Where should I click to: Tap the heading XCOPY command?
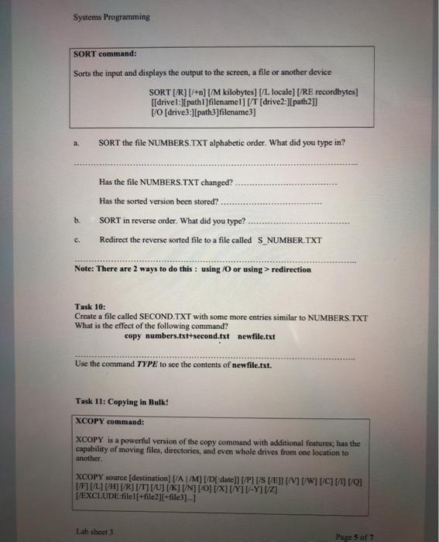pyautogui.click(x=109, y=422)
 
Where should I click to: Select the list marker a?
pyautogui.click(x=77, y=143)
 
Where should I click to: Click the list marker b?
pyautogui.click(x=77, y=220)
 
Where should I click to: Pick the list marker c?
pyautogui.click(x=77, y=239)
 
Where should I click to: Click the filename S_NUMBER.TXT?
pyautogui.click(x=292, y=239)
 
